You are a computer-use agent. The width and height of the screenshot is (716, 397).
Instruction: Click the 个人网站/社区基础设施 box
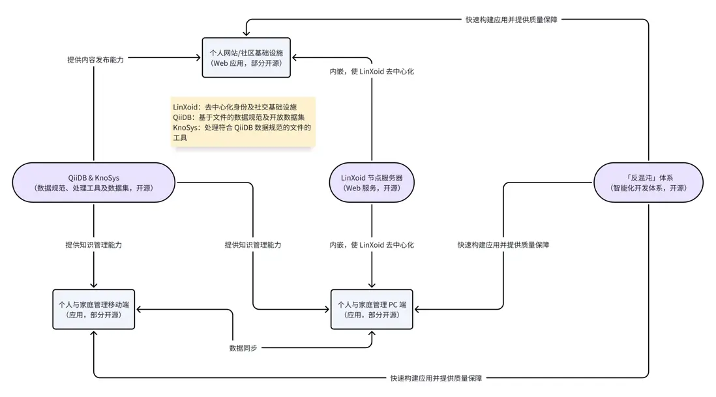[246, 57]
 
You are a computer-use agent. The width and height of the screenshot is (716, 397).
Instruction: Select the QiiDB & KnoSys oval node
[93, 183]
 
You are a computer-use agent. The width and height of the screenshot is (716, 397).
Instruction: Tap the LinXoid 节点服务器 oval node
[372, 183]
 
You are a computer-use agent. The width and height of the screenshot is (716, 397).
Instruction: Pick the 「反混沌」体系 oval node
[648, 183]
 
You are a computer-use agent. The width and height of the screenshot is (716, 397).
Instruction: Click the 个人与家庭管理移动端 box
[94, 309]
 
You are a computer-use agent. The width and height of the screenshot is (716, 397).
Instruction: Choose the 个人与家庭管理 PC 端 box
[372, 309]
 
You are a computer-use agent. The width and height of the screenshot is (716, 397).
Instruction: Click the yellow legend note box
[243, 122]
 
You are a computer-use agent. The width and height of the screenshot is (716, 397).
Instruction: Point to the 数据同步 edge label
[243, 348]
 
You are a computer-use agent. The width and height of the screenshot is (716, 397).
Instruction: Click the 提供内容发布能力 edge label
[96, 59]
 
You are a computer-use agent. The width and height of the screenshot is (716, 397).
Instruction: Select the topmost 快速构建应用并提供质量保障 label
[512, 20]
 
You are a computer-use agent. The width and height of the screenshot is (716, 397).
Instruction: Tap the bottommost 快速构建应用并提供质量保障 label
[436, 378]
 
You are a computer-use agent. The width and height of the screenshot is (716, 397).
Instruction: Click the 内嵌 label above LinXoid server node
[372, 72]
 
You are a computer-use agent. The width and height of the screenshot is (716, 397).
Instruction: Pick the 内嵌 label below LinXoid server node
[372, 245]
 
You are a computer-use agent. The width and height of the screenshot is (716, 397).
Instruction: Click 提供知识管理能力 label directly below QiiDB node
[94, 245]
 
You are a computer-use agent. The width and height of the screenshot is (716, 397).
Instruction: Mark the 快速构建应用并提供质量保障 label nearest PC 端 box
[503, 245]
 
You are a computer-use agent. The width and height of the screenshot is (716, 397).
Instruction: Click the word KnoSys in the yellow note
[186, 128]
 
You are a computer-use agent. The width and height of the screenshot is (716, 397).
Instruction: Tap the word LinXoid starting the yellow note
[186, 106]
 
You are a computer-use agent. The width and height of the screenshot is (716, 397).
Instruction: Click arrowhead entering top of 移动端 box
[94, 285]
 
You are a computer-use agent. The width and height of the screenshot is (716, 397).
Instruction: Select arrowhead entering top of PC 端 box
[372, 285]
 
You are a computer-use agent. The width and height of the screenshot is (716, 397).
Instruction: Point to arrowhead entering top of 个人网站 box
[246, 33]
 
